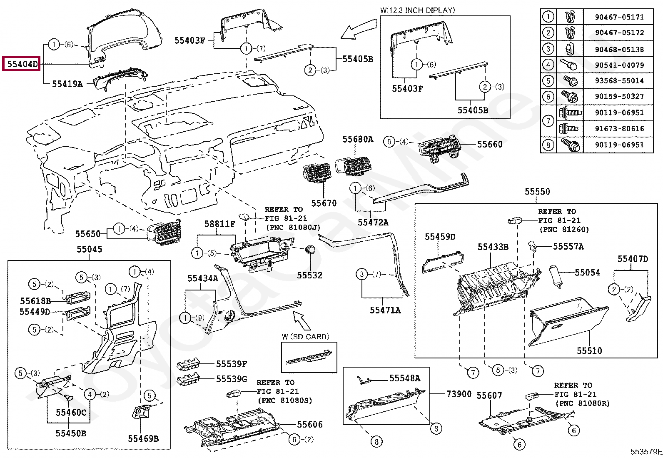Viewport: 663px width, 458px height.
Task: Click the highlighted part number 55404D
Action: click(x=22, y=64)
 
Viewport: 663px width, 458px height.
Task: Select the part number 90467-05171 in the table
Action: click(x=619, y=17)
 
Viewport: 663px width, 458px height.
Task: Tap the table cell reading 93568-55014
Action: click(x=619, y=80)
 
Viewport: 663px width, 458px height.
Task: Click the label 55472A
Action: click(x=373, y=223)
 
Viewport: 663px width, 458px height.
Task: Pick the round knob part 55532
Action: click(x=310, y=250)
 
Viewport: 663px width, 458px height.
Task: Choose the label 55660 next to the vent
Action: click(x=489, y=144)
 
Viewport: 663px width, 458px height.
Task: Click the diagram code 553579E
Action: click(x=646, y=452)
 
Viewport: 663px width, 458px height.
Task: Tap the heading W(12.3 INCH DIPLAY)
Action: click(x=417, y=10)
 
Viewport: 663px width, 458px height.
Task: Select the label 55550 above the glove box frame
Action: click(x=537, y=192)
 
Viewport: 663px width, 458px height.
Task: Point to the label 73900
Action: click(x=459, y=394)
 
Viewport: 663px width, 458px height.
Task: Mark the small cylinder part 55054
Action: click(x=556, y=275)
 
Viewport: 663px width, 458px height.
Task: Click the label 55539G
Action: click(x=231, y=379)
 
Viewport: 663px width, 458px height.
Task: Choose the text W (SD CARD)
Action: click(x=305, y=337)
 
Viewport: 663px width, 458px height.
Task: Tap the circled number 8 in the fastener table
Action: click(x=548, y=145)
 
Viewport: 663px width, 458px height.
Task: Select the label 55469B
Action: click(x=143, y=438)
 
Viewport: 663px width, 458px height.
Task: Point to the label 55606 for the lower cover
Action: click(x=309, y=424)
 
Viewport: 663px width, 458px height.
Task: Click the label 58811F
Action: click(x=219, y=224)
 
